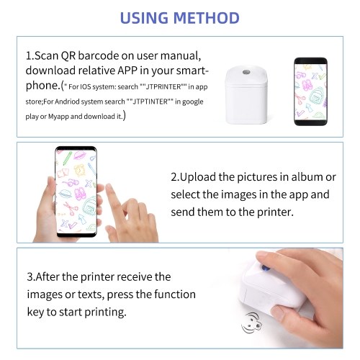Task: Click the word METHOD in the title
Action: point(206,18)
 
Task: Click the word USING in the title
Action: point(144,18)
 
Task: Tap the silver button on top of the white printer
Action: point(246,72)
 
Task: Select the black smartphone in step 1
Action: point(310,91)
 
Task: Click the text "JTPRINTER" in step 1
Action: point(163,86)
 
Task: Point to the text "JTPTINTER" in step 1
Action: point(150,102)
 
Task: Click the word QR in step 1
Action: point(68,56)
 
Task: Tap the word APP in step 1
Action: point(127,71)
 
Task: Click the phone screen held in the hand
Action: point(76,191)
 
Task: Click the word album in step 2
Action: point(307,177)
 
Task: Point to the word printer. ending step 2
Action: point(275,212)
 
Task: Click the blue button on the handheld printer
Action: point(265,268)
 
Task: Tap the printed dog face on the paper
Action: point(251,323)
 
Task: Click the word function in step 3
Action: point(175,294)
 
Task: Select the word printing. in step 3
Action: point(105,312)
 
